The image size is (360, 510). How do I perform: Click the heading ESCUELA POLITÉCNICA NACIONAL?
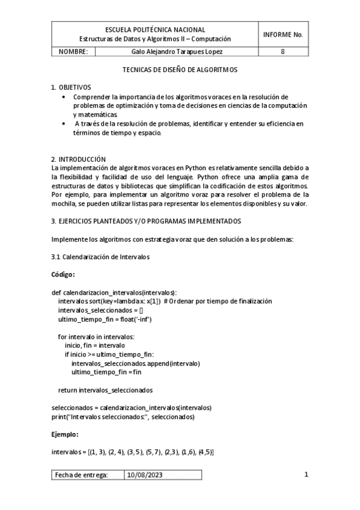coord(155,29)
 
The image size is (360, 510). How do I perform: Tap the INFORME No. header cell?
coord(283,34)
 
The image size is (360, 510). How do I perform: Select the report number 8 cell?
coord(283,52)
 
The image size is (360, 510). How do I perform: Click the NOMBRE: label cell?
coord(73,52)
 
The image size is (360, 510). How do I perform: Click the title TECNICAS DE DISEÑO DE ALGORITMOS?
coord(180,70)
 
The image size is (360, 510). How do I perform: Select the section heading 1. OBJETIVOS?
coord(70,87)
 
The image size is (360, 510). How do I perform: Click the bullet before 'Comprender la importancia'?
coord(65,96)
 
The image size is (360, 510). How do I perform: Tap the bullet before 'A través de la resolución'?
coord(65,123)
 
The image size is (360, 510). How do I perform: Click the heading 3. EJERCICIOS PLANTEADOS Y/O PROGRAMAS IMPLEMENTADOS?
coord(146,221)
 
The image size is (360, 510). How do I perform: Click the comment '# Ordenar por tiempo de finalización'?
coord(218,301)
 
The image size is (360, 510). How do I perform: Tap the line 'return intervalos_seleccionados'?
coord(105,390)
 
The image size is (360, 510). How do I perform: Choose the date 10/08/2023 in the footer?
coord(144,475)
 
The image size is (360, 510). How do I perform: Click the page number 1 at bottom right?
coord(306,475)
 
